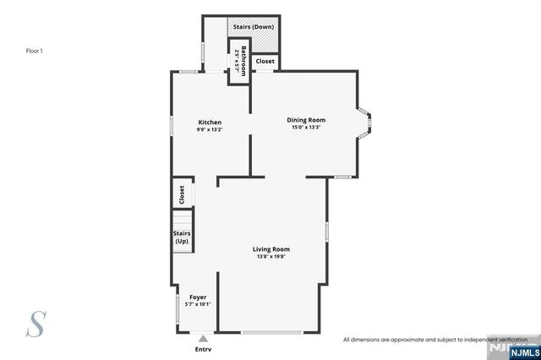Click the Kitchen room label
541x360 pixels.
tap(210, 122)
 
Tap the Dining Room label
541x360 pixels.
tap(306, 120)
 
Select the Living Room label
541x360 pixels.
tap(271, 248)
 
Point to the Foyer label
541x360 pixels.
tap(198, 297)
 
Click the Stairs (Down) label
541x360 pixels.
tap(253, 26)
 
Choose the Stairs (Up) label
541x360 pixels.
tap(182, 237)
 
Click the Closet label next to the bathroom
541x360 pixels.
tap(265, 62)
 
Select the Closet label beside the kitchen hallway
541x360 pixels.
tap(182, 194)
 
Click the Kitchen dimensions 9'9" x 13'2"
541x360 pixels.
tap(210, 129)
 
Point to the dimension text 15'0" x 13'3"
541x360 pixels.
tap(306, 128)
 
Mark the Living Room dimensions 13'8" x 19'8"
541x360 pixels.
tap(271, 256)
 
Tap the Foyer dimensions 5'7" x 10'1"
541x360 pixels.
tap(198, 304)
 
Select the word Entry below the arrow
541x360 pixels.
tap(203, 348)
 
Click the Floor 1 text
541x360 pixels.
tap(34, 51)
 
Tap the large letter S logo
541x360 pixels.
tap(36, 325)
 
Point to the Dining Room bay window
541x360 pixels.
tap(364, 123)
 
